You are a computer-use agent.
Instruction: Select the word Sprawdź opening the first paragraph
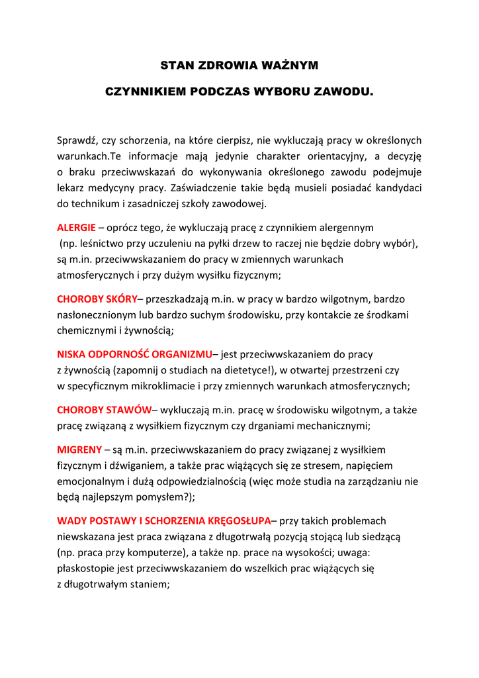click(77, 140)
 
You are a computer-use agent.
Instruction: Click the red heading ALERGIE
click(76, 227)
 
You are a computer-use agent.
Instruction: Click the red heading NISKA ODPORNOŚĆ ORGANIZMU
click(134, 354)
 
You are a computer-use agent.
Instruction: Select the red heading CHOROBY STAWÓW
click(104, 410)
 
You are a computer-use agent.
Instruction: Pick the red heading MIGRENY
click(79, 450)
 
